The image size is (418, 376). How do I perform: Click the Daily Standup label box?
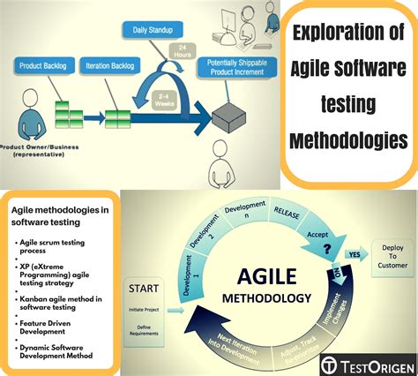(x=153, y=29)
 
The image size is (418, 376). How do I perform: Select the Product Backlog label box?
(x=43, y=65)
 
